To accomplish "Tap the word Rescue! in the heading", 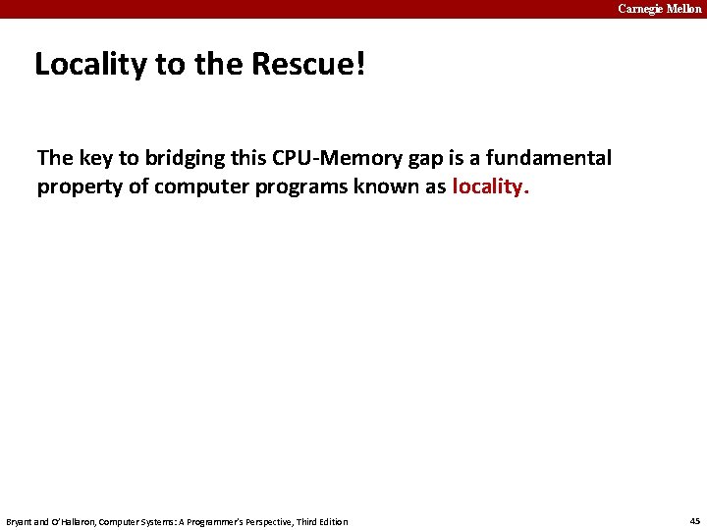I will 308,65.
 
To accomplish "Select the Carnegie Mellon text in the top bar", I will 659,9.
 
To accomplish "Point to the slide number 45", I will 692,521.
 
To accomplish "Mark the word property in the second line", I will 79,186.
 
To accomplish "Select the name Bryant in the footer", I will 21,521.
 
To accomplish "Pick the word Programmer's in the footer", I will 223,521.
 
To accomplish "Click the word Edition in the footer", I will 335,521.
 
